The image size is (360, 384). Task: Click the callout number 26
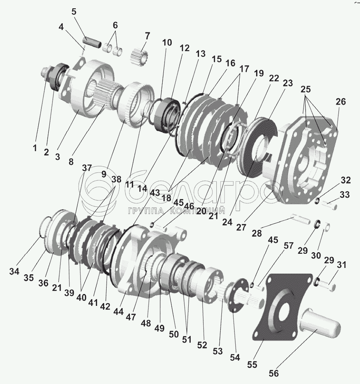(x=340, y=101)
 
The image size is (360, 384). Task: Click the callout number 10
(x=167, y=43)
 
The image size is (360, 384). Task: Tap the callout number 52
(x=202, y=345)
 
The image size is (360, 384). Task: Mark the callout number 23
(x=288, y=83)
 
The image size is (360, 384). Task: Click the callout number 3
(x=58, y=156)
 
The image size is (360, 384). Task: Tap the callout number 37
(x=86, y=168)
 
